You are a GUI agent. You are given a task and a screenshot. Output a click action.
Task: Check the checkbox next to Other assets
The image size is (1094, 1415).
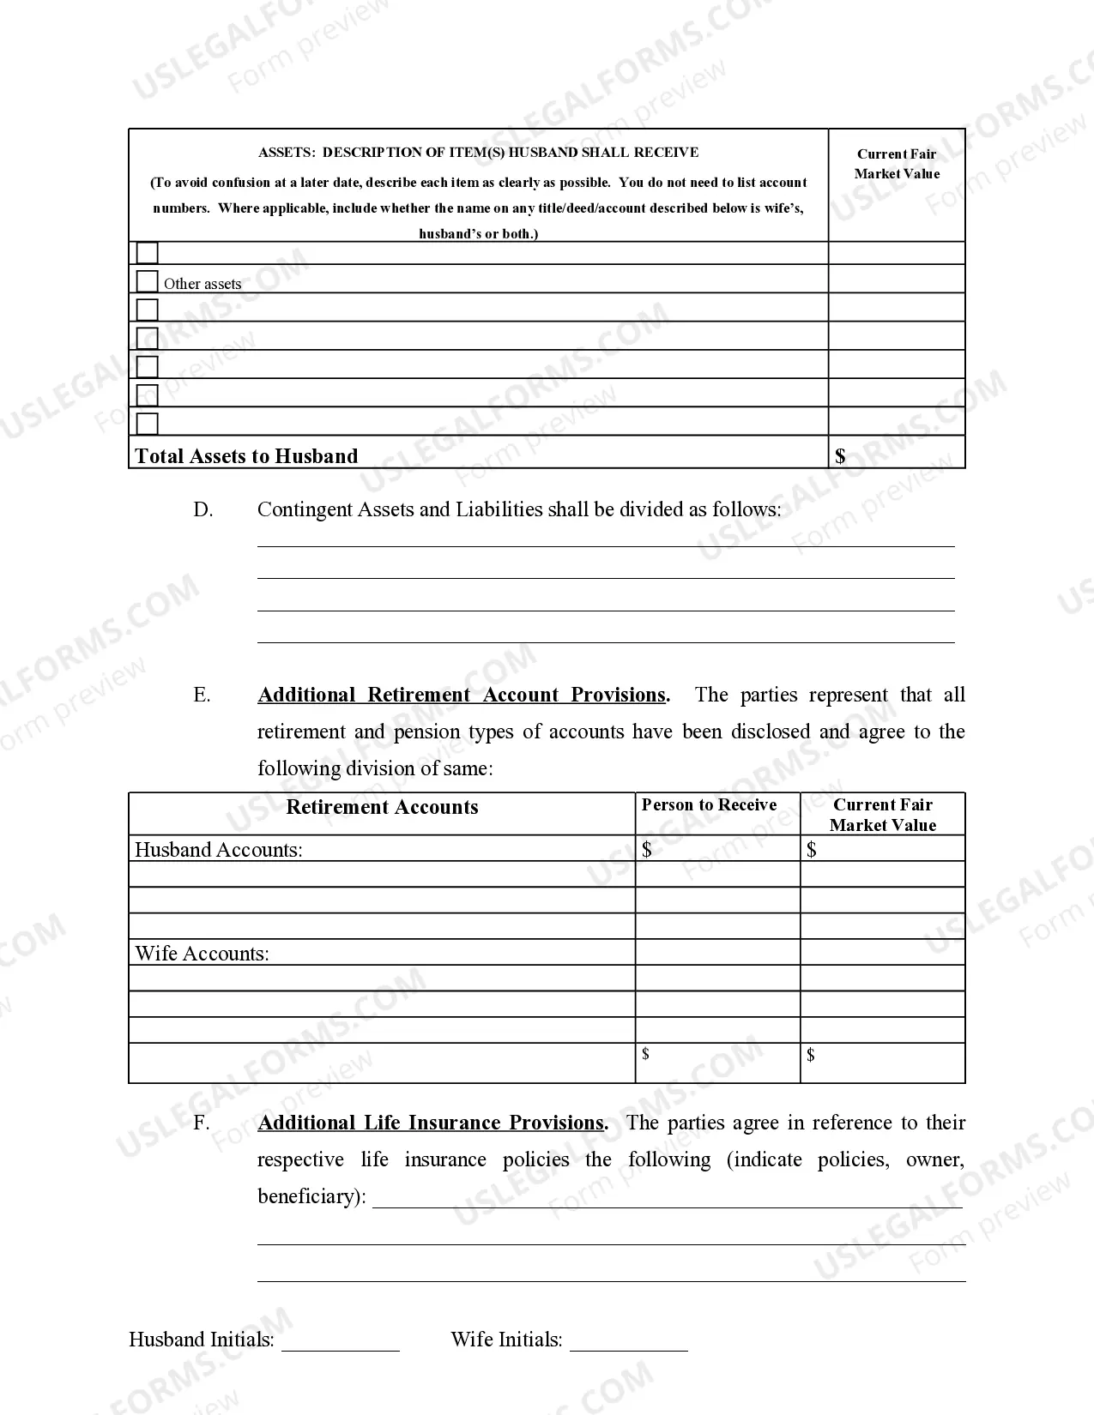click(x=148, y=281)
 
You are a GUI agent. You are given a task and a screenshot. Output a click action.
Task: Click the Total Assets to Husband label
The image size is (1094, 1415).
click(x=246, y=456)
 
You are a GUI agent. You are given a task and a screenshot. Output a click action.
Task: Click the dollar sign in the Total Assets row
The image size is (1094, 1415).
click(x=840, y=456)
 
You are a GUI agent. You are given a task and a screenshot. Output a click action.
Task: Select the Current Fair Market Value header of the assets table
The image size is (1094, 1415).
click(x=897, y=164)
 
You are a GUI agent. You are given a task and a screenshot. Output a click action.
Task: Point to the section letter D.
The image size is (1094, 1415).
click(x=202, y=510)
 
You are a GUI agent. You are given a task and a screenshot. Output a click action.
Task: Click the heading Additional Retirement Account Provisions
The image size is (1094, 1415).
click(x=462, y=695)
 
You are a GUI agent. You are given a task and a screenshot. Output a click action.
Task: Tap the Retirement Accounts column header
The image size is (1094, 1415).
click(x=382, y=807)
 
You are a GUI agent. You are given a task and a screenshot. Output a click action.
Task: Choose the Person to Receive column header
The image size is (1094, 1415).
click(x=709, y=805)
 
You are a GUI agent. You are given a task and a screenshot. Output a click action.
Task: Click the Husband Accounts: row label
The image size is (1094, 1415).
click(x=219, y=850)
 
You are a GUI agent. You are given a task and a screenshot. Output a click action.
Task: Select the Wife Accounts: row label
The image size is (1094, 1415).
click(x=202, y=954)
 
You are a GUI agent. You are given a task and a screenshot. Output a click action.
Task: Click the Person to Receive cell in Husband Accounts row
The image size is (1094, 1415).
click(x=717, y=849)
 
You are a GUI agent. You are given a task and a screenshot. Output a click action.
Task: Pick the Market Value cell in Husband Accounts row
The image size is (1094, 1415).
click(x=882, y=849)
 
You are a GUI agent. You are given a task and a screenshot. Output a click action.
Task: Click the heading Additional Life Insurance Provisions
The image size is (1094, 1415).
click(x=431, y=1123)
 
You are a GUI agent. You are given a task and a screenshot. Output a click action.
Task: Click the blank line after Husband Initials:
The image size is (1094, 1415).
click(x=341, y=1342)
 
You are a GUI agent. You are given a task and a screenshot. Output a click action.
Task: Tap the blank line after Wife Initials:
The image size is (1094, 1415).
click(x=629, y=1342)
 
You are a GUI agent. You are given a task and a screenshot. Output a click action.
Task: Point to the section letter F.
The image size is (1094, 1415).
click(x=201, y=1123)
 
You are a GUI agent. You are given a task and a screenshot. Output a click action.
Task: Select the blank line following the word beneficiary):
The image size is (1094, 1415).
click(x=667, y=1198)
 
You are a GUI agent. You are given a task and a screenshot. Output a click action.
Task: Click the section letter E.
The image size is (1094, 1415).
click(x=202, y=695)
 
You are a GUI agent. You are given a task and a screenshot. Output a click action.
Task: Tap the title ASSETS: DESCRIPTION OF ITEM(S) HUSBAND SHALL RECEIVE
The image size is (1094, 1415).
click(x=478, y=153)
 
